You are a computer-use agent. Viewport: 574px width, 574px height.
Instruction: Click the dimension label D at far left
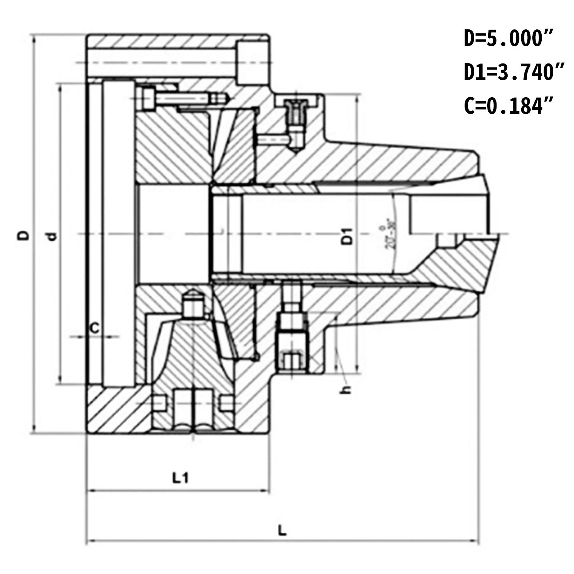pos(24,235)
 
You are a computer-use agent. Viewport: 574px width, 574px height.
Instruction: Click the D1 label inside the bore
pos(347,236)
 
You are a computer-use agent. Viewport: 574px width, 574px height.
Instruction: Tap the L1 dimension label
pos(180,478)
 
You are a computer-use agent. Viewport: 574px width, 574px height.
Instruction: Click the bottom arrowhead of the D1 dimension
pos(357,372)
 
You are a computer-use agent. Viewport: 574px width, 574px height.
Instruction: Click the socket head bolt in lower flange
pos(292,344)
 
